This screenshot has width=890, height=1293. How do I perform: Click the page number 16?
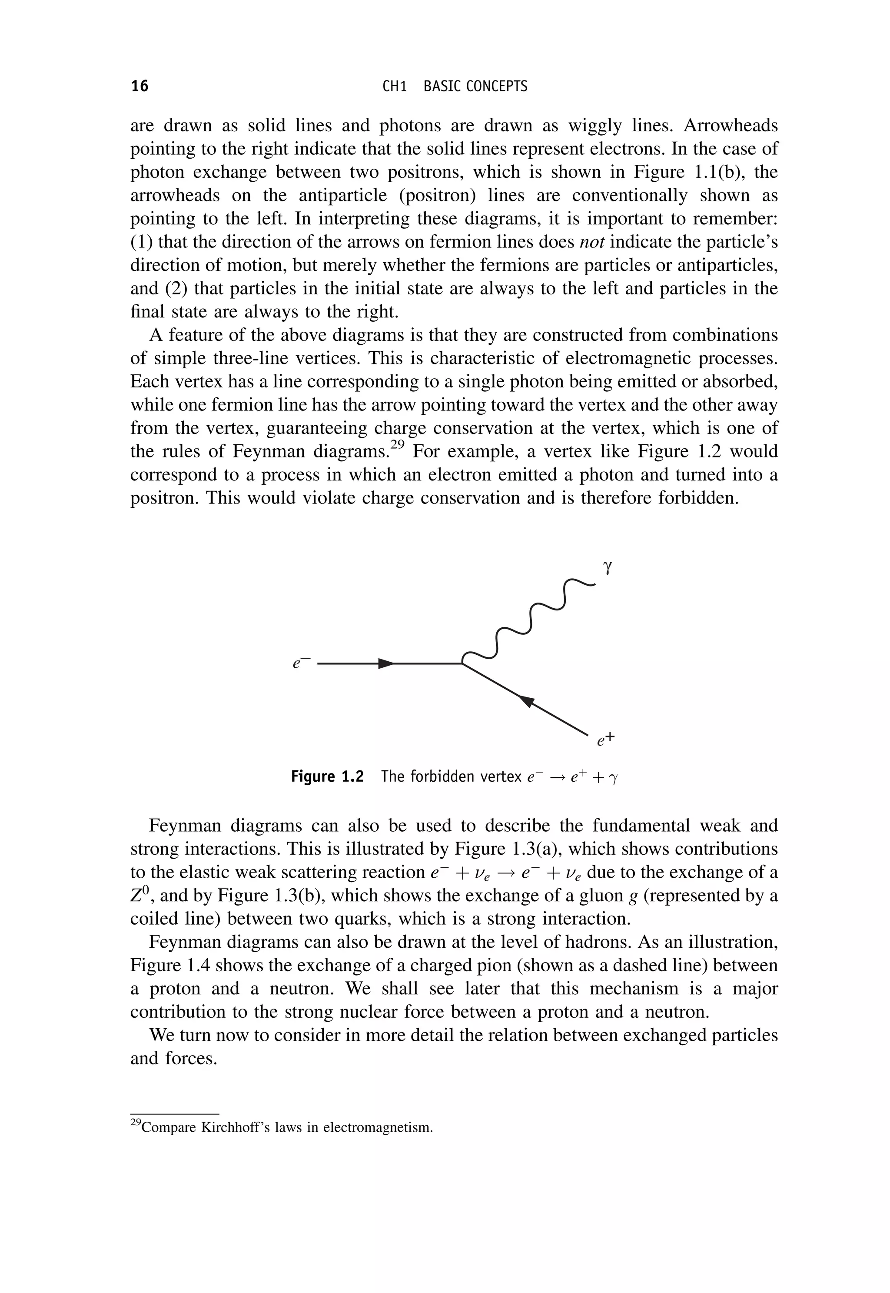(x=139, y=86)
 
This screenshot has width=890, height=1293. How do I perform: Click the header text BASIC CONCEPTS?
(x=475, y=87)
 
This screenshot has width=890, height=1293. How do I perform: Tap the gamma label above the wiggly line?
(x=608, y=568)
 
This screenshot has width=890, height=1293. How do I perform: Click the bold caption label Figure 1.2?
(x=327, y=776)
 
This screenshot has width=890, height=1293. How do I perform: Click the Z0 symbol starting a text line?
(x=139, y=895)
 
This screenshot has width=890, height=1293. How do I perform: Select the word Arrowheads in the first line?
(x=730, y=126)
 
